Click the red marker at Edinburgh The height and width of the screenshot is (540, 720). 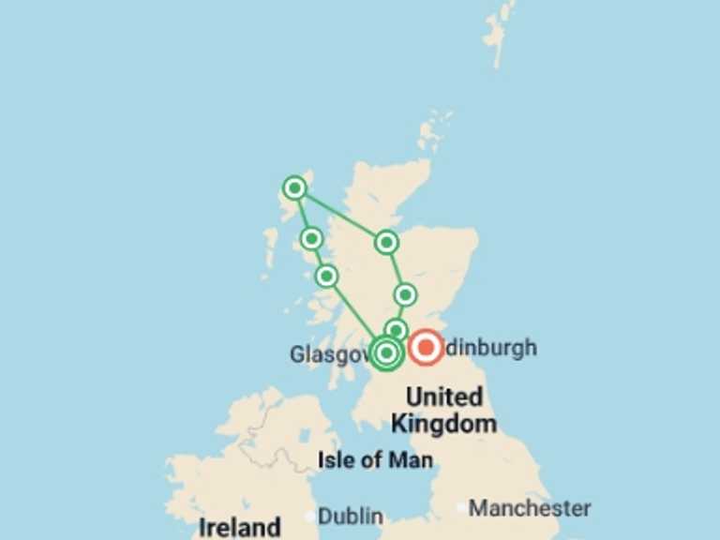tap(426, 349)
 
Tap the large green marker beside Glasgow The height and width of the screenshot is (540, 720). tap(386, 352)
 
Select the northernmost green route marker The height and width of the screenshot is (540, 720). tap(295, 188)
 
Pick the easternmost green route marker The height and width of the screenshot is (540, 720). tap(405, 295)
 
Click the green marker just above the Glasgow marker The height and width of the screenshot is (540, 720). tap(397, 330)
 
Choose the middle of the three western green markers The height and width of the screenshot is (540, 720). tap(311, 238)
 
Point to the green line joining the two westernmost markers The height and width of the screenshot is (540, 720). tap(304, 214)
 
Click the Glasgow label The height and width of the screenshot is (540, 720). tap(328, 354)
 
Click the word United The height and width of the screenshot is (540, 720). tap(444, 397)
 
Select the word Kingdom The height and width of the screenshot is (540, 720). tap(443, 424)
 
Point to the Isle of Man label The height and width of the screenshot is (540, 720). tap(375, 460)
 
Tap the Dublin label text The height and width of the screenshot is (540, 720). tap(351, 517)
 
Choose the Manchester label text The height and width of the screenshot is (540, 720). tap(530, 509)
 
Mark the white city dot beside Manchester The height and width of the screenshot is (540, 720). tap(460, 509)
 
